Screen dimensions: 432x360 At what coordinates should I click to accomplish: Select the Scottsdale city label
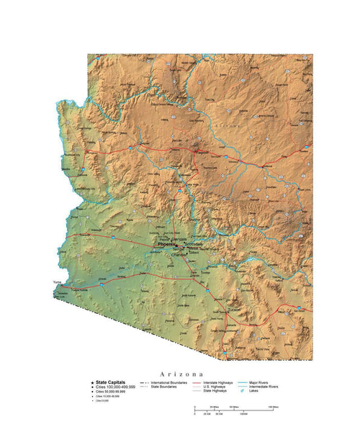point(194,243)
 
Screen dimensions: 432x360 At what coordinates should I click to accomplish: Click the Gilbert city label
point(194,253)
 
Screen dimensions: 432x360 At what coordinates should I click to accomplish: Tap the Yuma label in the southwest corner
point(58,282)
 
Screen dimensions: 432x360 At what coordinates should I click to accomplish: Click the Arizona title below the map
point(180,374)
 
